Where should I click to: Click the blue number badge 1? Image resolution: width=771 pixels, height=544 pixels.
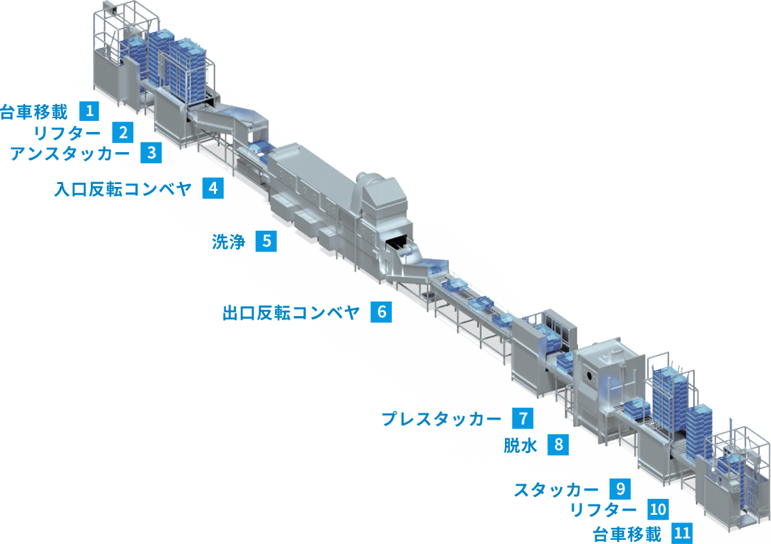click(90, 110)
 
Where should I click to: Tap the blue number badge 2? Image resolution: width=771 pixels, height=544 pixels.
click(122, 132)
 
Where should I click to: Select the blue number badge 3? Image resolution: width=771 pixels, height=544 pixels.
click(151, 153)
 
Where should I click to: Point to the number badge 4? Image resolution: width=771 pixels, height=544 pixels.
click(213, 188)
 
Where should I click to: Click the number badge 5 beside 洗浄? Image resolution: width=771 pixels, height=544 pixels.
click(266, 241)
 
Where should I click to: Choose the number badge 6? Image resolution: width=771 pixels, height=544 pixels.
click(381, 312)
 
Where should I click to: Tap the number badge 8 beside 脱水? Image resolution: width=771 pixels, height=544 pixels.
click(558, 445)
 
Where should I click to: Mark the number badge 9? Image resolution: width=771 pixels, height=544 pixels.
click(620, 488)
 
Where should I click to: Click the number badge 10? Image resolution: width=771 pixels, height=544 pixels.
click(657, 510)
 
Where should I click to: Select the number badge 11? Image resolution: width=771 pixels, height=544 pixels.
click(682, 534)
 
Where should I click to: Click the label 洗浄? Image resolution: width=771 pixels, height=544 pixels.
click(229, 242)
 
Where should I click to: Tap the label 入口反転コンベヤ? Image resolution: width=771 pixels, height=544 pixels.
click(122, 189)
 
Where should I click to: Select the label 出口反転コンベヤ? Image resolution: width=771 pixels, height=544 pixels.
click(291, 313)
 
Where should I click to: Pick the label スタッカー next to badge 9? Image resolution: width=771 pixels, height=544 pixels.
click(556, 489)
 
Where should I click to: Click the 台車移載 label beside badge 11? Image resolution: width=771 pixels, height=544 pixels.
click(627, 534)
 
